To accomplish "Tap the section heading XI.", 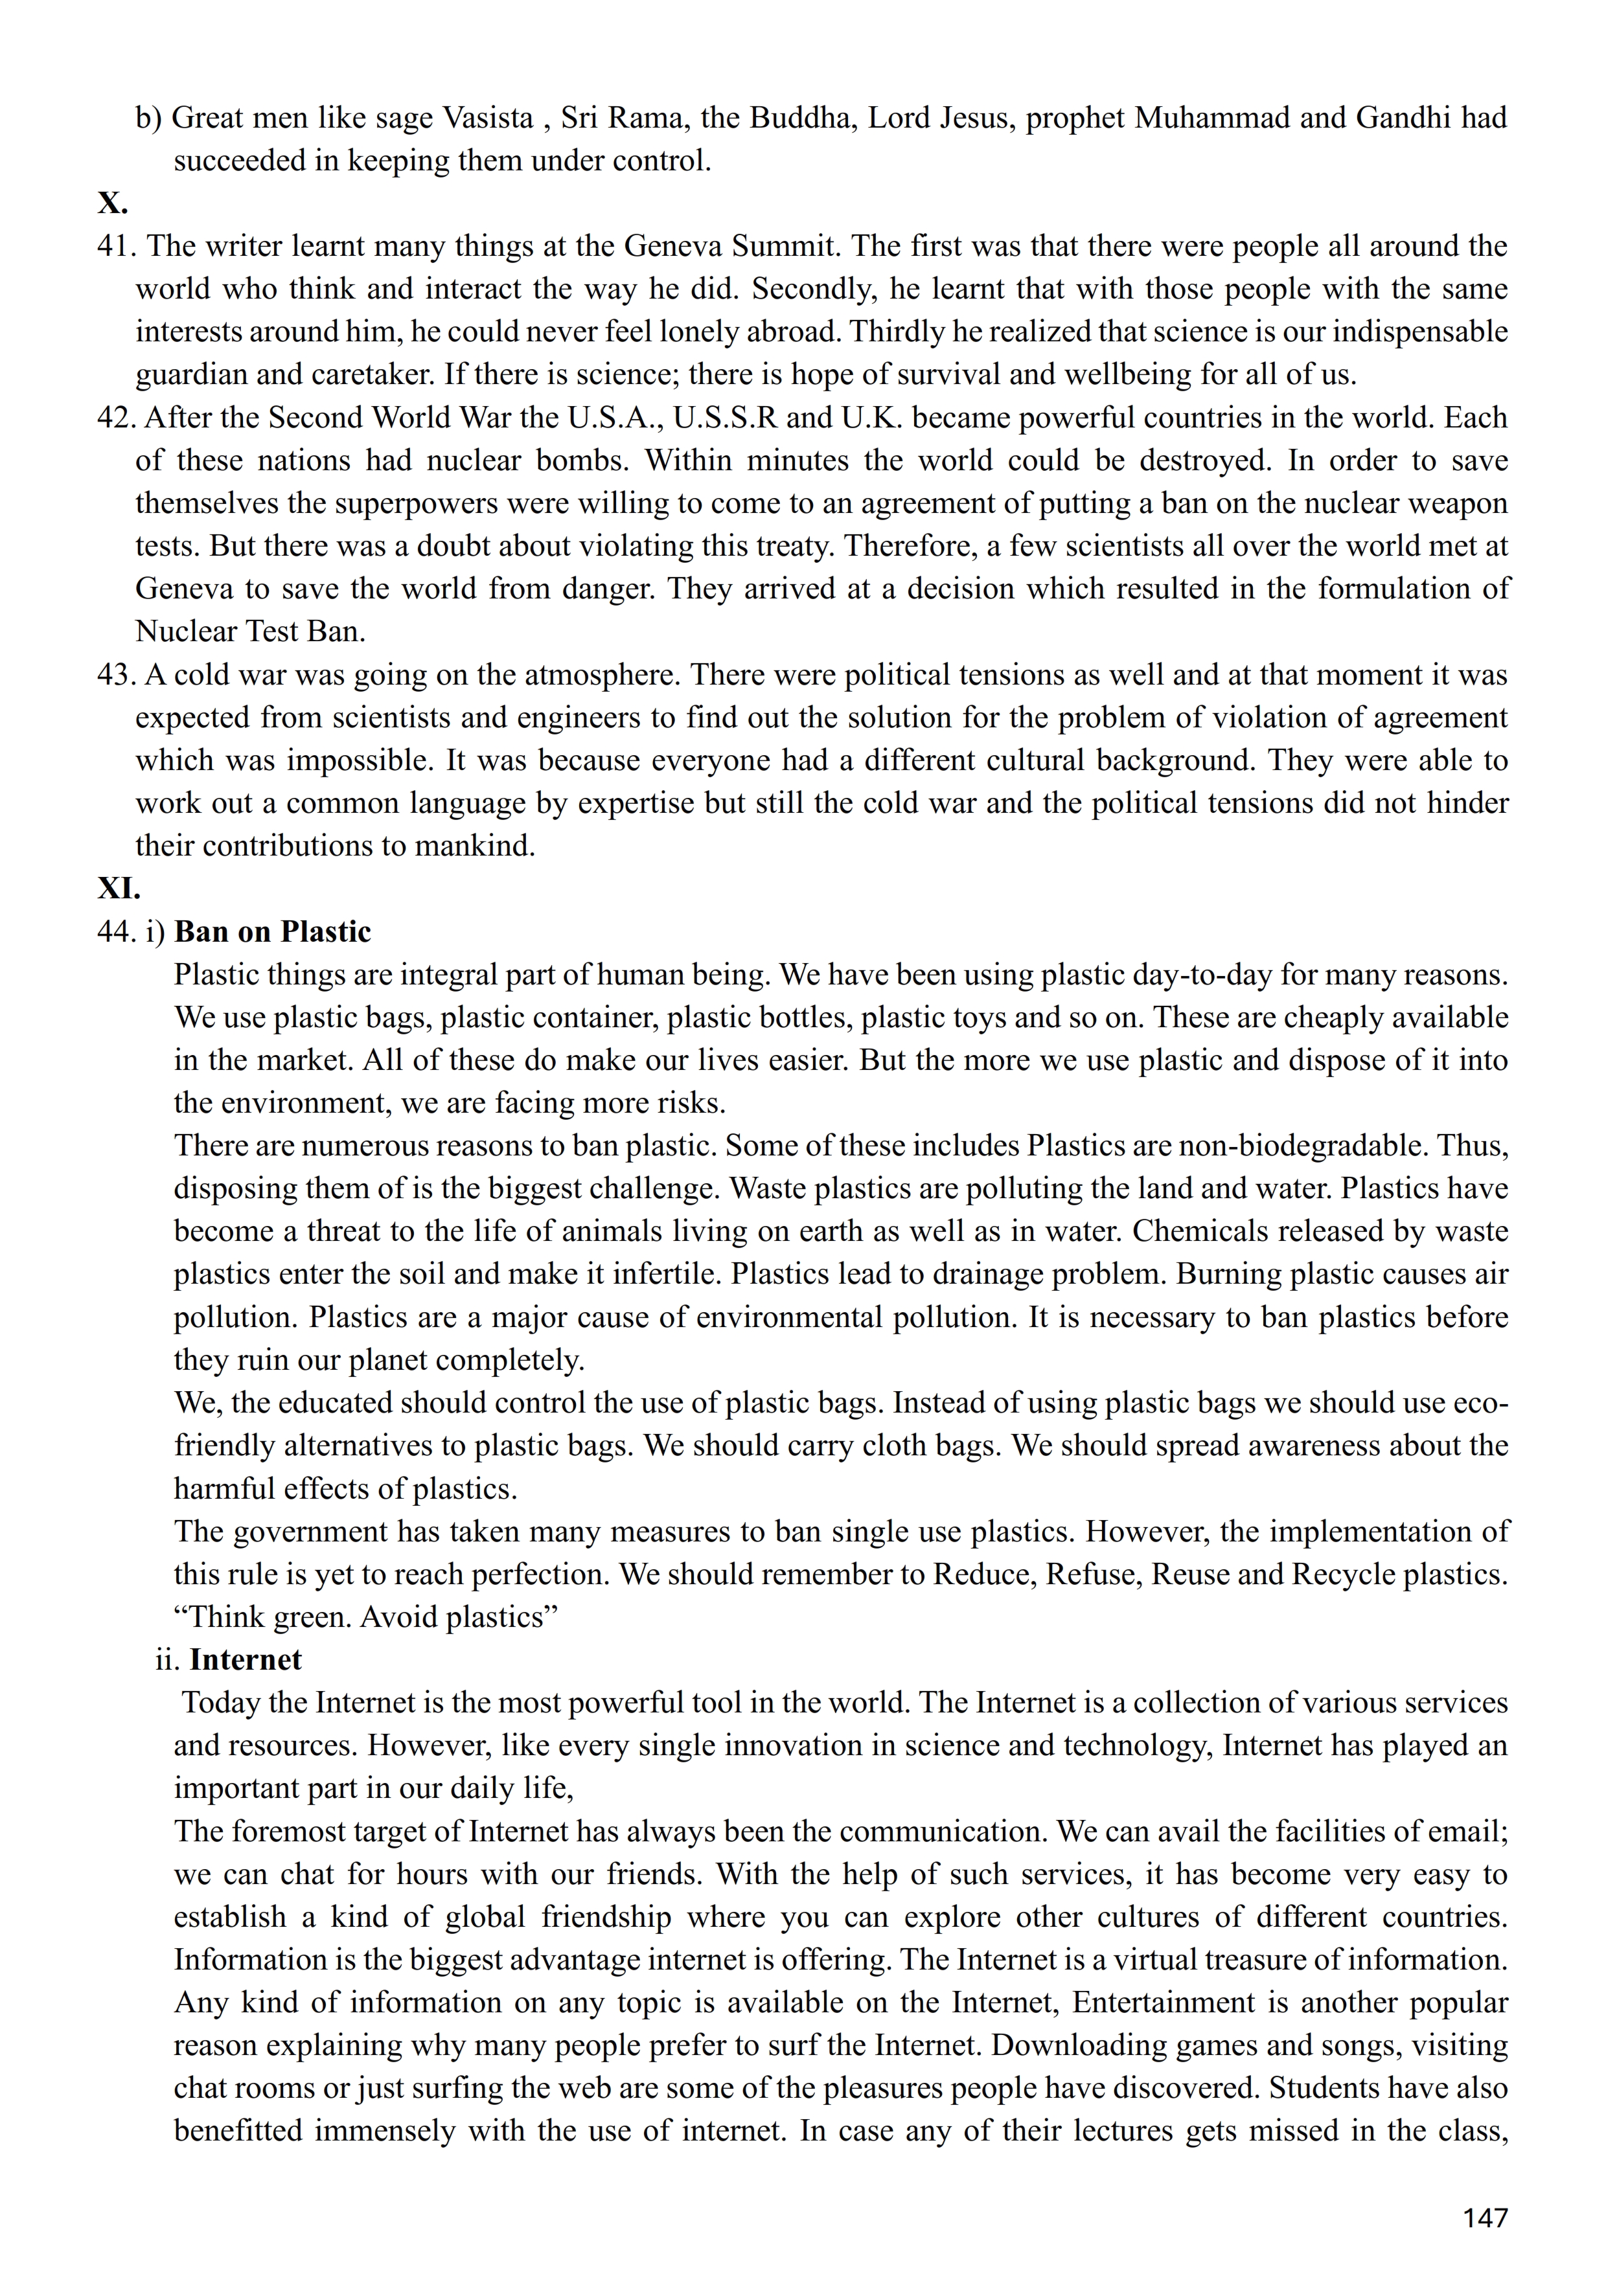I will click(119, 888).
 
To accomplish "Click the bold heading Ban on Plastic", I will click(272, 931).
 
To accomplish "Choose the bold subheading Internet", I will click(246, 1659).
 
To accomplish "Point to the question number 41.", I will click(116, 245).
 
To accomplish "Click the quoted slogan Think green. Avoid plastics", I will click(366, 1617).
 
